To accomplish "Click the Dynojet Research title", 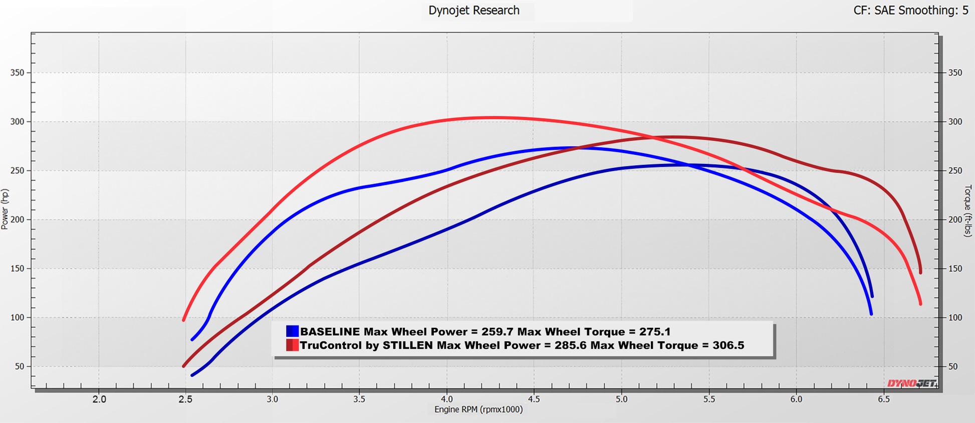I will [x=473, y=11].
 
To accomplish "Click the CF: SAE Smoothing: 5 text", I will [x=910, y=11].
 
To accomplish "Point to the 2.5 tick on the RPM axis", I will [x=185, y=399].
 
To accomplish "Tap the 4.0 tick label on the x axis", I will [x=447, y=399].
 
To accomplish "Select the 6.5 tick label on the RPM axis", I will [x=883, y=399].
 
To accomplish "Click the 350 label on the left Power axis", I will [x=17, y=73].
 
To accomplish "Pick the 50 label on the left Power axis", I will [x=20, y=366].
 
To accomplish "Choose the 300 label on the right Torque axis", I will [x=955, y=122].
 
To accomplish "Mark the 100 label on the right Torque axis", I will [x=955, y=318].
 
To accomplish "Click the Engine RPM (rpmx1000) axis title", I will [x=478, y=409].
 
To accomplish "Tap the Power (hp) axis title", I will [x=5, y=209].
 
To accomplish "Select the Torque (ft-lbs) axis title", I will [x=968, y=210].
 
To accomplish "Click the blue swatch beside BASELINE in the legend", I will [x=292, y=331].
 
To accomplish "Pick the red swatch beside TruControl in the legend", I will [x=292, y=345].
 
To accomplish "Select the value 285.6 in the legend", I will [x=569, y=345].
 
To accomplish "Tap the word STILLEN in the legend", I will [x=407, y=345].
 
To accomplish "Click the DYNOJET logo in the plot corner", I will [x=911, y=383].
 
